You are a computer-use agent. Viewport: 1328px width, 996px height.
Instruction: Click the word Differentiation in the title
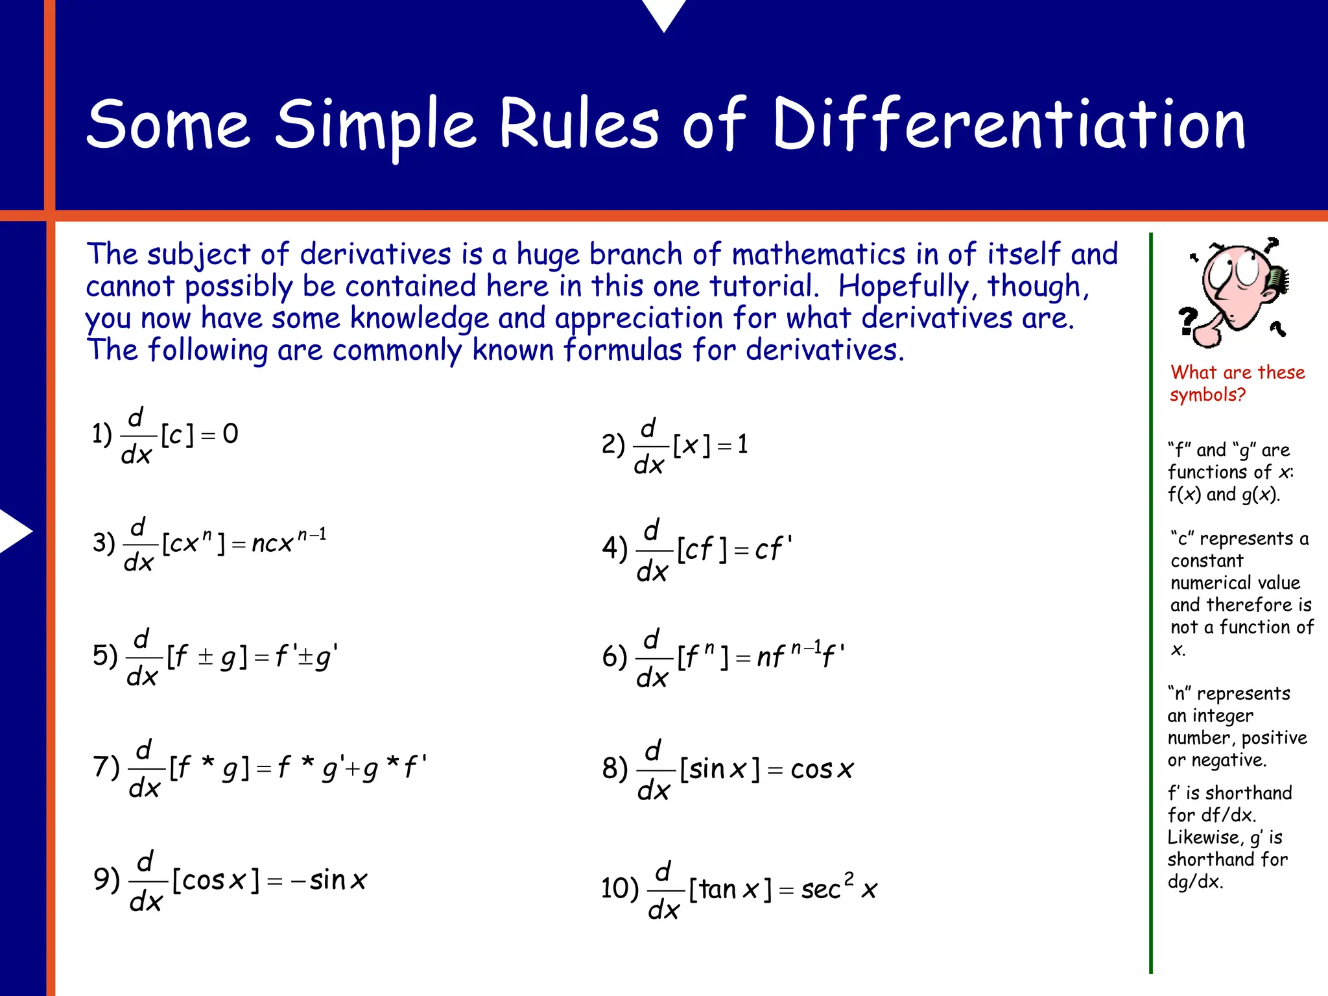click(x=1009, y=124)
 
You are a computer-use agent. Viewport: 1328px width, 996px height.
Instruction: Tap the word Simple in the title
click(x=376, y=124)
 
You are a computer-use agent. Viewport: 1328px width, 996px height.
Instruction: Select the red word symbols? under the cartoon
click(x=1207, y=394)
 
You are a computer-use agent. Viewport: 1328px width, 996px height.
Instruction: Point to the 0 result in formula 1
click(x=231, y=434)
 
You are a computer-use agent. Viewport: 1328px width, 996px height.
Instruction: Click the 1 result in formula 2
click(x=742, y=444)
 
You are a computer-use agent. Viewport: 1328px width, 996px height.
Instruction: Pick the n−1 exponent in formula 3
click(x=312, y=536)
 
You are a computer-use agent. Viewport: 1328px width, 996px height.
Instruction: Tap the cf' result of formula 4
click(x=772, y=549)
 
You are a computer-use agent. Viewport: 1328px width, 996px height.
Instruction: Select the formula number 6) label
click(x=614, y=657)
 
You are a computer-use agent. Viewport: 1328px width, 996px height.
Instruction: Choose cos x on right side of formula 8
click(x=822, y=770)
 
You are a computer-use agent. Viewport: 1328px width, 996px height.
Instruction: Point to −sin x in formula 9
click(x=329, y=881)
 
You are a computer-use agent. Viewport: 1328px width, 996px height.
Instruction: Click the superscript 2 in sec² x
click(x=849, y=879)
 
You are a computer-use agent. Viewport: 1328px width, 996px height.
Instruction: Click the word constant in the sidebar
click(x=1207, y=561)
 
